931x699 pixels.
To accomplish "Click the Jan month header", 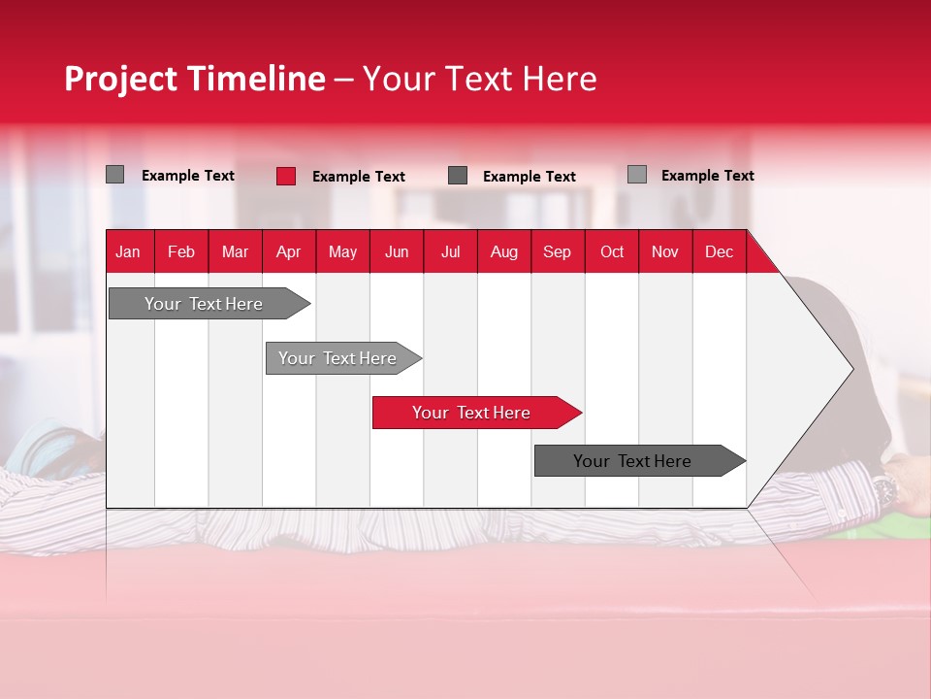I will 128,252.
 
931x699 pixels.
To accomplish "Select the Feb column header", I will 181,252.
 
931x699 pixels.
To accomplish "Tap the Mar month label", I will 235,252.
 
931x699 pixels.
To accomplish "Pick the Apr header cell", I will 288,252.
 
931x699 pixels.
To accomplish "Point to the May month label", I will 342,252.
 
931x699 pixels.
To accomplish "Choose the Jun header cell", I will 397,252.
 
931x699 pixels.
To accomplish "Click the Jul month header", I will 450,252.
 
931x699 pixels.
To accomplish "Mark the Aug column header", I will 503,252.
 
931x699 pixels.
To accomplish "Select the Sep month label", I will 557,252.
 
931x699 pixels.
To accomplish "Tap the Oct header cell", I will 612,252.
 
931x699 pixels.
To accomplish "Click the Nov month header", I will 665,252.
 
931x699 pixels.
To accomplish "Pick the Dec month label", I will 719,252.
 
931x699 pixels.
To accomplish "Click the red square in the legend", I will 286,176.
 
